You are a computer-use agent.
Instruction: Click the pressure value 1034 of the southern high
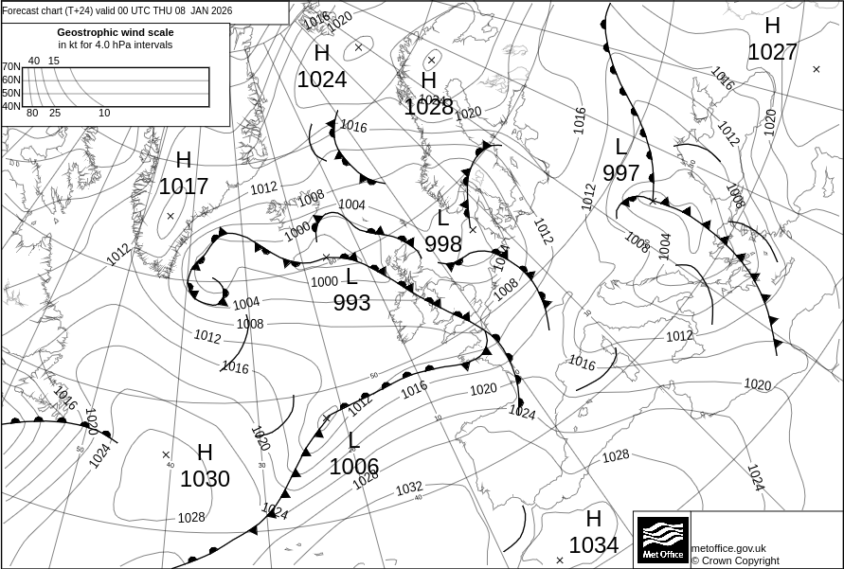click(594, 544)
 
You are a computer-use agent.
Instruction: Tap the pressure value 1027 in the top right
click(772, 51)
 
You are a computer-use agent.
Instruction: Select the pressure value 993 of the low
click(351, 303)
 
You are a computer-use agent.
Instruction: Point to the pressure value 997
click(621, 173)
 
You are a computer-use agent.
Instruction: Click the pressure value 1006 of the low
click(354, 467)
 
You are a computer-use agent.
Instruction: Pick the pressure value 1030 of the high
click(205, 479)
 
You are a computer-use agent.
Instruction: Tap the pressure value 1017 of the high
click(183, 187)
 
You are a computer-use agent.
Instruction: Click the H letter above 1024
click(322, 54)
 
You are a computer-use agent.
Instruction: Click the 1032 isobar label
click(409, 489)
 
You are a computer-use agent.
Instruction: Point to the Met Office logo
click(662, 539)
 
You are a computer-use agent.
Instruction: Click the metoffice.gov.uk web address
click(728, 548)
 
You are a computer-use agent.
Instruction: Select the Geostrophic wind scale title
click(115, 32)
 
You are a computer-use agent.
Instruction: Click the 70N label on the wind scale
click(10, 66)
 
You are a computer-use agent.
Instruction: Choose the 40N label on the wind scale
click(10, 106)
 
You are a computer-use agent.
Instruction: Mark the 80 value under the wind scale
click(32, 114)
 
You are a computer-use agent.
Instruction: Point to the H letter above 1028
click(429, 80)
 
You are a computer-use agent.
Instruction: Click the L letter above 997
click(621, 147)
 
